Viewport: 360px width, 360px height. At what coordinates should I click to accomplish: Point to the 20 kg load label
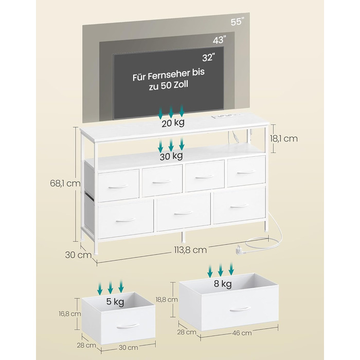[x=172, y=123]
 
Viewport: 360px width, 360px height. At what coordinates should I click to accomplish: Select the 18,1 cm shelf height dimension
[x=284, y=138]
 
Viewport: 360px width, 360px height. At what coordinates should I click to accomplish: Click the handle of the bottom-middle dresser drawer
[x=183, y=212]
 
